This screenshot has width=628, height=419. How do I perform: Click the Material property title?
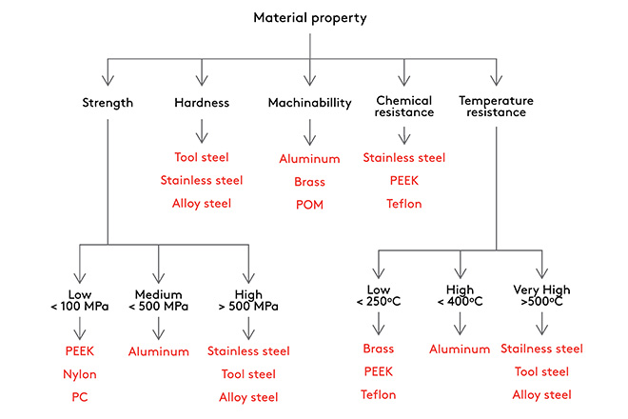(310, 18)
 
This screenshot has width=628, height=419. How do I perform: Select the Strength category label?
(108, 103)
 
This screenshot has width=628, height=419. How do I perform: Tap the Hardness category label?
(202, 103)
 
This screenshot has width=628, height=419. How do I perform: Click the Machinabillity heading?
(309, 103)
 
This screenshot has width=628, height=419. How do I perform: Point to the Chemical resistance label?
(404, 107)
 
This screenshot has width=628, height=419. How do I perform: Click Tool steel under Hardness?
(202, 157)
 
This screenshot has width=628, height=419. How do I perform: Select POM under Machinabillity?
(309, 204)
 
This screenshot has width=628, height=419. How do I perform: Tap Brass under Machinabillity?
(309, 181)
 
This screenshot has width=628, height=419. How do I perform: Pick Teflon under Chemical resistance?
(404, 204)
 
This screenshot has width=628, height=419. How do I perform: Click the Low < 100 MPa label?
(80, 301)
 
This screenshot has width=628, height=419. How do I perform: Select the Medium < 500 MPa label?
(158, 301)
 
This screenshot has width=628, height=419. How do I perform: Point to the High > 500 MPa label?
(248, 301)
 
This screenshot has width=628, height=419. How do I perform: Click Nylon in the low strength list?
(80, 374)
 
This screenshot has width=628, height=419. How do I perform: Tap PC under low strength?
(80, 397)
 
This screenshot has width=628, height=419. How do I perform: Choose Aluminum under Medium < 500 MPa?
(158, 351)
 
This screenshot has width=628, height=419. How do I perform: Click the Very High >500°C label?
(542, 295)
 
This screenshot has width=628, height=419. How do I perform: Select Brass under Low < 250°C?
(379, 349)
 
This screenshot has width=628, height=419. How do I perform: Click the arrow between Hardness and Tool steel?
(202, 130)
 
